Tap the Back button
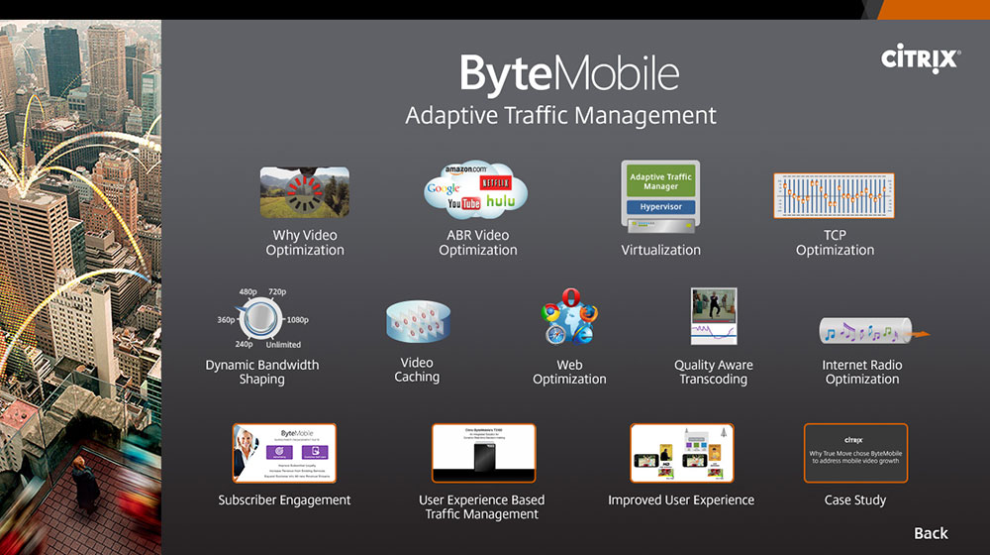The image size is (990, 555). pyautogui.click(x=931, y=533)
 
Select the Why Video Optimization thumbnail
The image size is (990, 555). pyautogui.click(x=304, y=191)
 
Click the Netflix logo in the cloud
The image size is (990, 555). pyautogui.click(x=494, y=183)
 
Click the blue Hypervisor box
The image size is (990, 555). pyautogui.click(x=660, y=208)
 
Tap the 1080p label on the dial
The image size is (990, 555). pyautogui.click(x=297, y=320)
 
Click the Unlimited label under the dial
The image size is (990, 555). pyautogui.click(x=283, y=345)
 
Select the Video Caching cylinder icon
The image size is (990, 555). pyautogui.click(x=418, y=323)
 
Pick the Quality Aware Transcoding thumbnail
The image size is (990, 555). pyautogui.click(x=714, y=316)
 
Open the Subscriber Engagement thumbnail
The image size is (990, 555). pyautogui.click(x=284, y=453)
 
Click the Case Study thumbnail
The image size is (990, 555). pyautogui.click(x=855, y=454)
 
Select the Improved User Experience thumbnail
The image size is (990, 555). pyautogui.click(x=681, y=453)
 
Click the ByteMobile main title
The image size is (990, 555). pyautogui.click(x=569, y=74)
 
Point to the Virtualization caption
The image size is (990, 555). pyautogui.click(x=660, y=250)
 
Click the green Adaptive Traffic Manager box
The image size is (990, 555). pyautogui.click(x=660, y=181)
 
